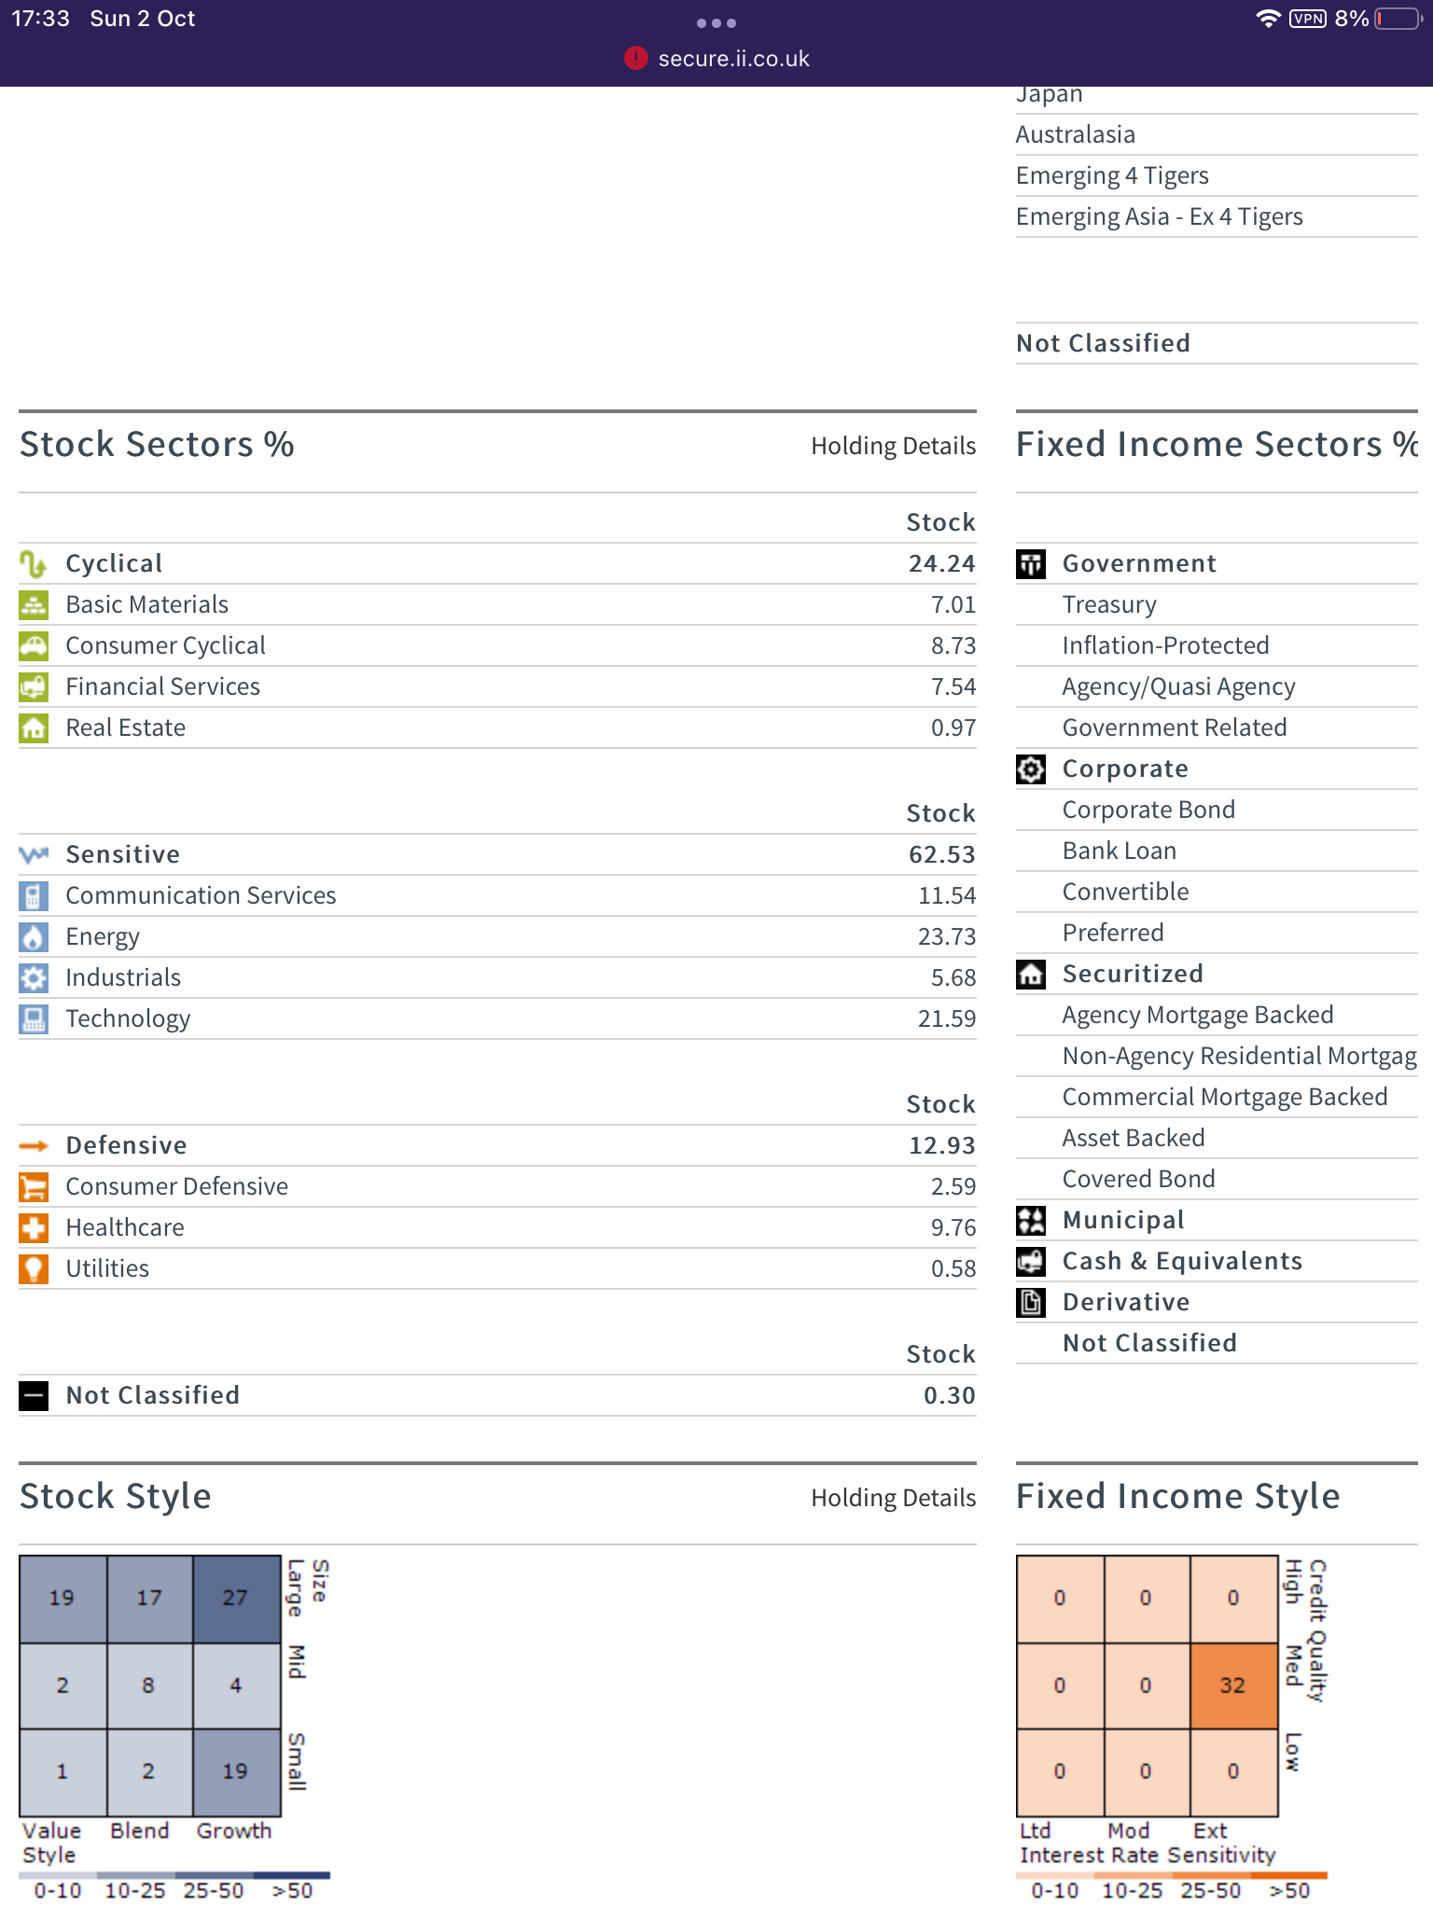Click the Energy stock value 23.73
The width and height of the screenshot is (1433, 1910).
(x=947, y=936)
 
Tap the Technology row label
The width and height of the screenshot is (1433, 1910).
(x=128, y=1018)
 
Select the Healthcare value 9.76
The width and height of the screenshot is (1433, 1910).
(x=953, y=1227)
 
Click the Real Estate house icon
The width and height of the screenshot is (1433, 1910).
(x=34, y=727)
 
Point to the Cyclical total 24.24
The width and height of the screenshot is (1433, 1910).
(x=942, y=563)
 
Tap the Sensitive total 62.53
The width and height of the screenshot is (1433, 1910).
(x=942, y=854)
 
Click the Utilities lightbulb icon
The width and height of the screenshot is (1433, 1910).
(x=34, y=1268)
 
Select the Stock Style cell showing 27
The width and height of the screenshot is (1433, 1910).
(x=237, y=1599)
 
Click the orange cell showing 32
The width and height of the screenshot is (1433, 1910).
(x=1233, y=1685)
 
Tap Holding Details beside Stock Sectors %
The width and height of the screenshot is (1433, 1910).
(x=893, y=446)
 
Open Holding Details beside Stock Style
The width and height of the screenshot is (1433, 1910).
(x=893, y=1498)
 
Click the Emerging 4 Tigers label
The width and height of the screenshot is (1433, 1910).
(x=1112, y=175)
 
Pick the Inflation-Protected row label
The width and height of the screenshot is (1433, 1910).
(x=1165, y=645)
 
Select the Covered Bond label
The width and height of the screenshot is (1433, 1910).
(x=1138, y=1179)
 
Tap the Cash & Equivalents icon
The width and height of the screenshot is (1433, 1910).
(x=1031, y=1261)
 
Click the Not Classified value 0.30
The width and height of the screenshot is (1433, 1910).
(x=950, y=1395)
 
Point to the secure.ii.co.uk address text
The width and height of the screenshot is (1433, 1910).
(x=734, y=59)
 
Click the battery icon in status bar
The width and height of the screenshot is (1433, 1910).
(x=1398, y=19)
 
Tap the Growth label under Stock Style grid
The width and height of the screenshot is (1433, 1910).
(x=234, y=1831)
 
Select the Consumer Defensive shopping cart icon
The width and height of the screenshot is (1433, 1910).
(x=34, y=1186)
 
